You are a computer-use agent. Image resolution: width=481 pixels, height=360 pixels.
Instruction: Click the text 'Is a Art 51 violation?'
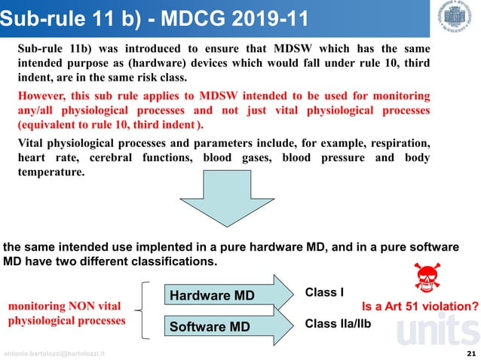click(421, 307)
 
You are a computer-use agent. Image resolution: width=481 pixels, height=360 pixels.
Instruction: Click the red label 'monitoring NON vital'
click(64, 307)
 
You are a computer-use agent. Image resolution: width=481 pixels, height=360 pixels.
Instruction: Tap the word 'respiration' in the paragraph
click(398, 142)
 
